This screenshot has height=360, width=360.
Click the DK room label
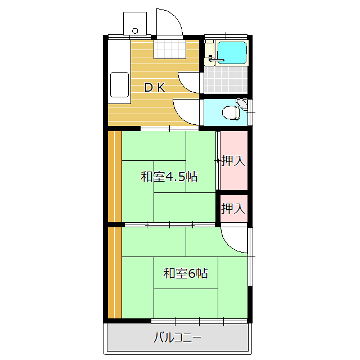point(154,88)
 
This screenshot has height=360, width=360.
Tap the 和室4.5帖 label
point(169,177)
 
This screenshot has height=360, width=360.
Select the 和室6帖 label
point(186,273)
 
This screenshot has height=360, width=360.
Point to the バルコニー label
point(178,337)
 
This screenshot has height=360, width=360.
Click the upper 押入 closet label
point(233,160)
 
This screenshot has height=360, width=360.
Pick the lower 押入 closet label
point(233,209)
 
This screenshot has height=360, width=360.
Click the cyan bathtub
point(232,52)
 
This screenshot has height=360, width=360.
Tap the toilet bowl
point(231,112)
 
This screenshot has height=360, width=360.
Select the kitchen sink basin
point(119,84)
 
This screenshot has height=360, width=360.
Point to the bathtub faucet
point(215,59)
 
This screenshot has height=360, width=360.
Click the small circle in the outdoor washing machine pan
point(135,31)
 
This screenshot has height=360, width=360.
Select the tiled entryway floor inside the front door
point(170,49)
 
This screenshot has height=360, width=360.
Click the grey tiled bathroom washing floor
point(226,80)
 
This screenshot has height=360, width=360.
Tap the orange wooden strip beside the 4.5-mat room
point(115,176)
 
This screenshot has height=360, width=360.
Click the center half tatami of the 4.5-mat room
point(170,177)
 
